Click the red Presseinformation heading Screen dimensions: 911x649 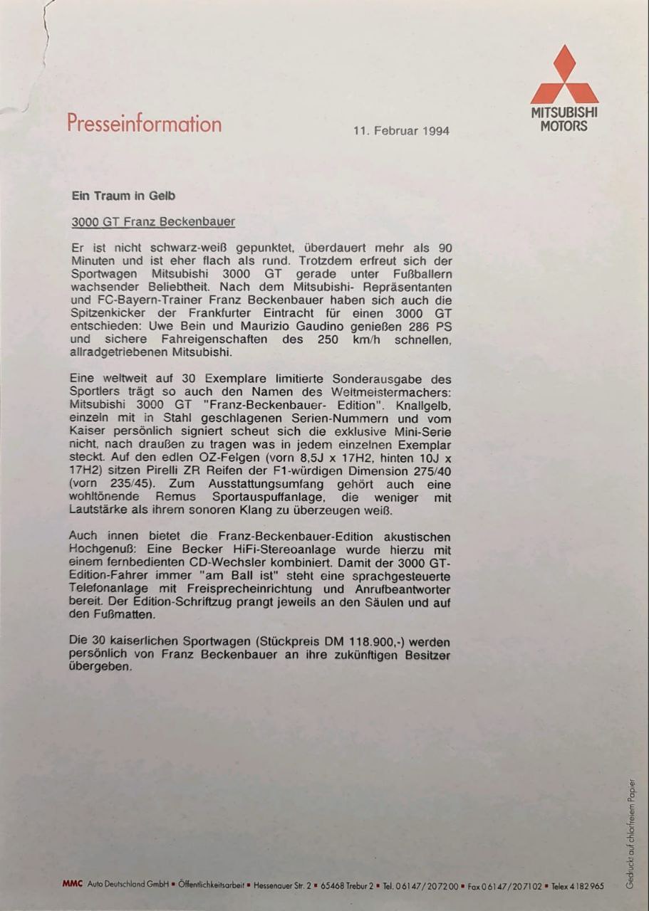[x=144, y=123]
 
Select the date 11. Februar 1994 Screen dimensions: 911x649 [x=401, y=131]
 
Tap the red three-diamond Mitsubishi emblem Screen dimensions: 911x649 [x=564, y=75]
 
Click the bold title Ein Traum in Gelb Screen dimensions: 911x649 [x=123, y=195]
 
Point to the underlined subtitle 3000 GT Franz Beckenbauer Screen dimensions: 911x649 [x=153, y=221]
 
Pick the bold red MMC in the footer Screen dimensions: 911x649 [x=72, y=885]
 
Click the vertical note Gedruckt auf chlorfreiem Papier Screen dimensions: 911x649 [x=630, y=833]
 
